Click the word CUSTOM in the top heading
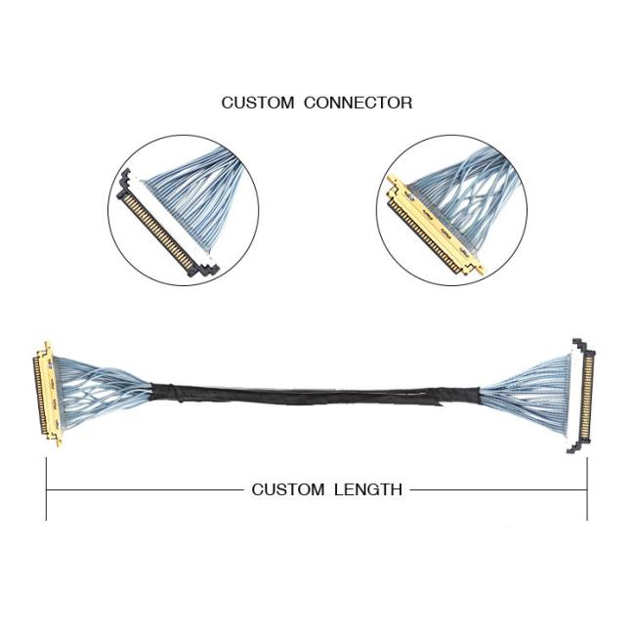pyautogui.click(x=258, y=103)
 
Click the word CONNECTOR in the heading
pyautogui.click(x=358, y=103)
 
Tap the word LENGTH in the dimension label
pyautogui.click(x=368, y=489)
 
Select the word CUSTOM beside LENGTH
pyautogui.click(x=288, y=489)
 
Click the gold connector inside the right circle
pyautogui.click(x=434, y=227)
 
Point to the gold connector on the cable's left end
pyautogui.click(x=47, y=395)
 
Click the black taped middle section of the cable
pyautogui.click(x=316, y=395)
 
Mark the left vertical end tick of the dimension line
pyautogui.click(x=47, y=488)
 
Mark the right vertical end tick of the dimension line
pyautogui.click(x=587, y=488)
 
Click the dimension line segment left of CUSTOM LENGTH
pyautogui.click(x=145, y=490)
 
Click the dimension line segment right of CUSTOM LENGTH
pyautogui.click(x=498, y=490)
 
